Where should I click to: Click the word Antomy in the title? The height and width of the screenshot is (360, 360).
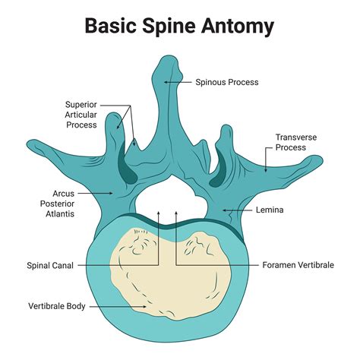pos(235,27)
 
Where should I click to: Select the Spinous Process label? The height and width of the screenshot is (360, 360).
pos(226,81)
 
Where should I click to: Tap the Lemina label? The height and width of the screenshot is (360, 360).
pos(270,210)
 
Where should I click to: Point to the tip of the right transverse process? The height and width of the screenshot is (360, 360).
pos(327,161)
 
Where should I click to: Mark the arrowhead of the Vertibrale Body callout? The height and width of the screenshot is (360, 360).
pos(146,306)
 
